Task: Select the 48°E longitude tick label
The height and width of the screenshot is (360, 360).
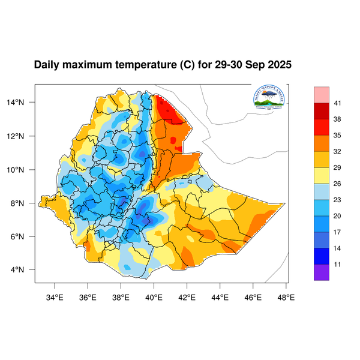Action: tap(286, 295)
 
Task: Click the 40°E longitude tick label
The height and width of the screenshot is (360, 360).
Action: tap(154, 295)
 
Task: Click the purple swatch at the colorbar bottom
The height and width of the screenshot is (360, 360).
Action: tap(321, 272)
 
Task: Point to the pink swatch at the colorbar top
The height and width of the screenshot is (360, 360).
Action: tap(321, 94)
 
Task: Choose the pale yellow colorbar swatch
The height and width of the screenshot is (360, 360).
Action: tap(321, 175)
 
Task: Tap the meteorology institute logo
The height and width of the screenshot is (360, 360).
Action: tap(270, 100)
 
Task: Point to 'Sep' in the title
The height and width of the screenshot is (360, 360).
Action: tap(252, 64)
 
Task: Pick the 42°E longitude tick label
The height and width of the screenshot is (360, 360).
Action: tap(187, 295)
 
